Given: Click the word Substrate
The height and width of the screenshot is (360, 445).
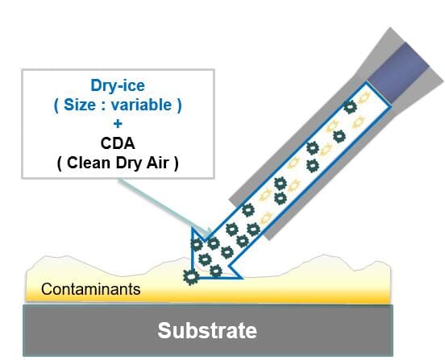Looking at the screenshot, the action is pyautogui.click(x=207, y=330).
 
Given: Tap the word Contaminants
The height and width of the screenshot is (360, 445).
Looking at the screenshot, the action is pyautogui.click(x=91, y=289).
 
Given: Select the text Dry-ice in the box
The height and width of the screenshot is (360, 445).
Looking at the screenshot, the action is pyautogui.click(x=118, y=85).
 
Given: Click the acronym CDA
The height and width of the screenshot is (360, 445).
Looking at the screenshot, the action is pyautogui.click(x=118, y=143).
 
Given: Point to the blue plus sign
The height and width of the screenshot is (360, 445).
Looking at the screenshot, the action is pyautogui.click(x=118, y=123).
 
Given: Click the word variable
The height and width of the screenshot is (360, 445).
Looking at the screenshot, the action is pyautogui.click(x=141, y=105).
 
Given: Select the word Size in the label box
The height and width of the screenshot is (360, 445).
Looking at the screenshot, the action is pyautogui.click(x=80, y=105).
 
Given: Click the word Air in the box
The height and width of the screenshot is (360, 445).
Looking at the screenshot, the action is pyautogui.click(x=158, y=163).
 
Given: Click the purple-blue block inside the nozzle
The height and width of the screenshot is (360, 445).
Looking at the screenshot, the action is pyautogui.click(x=399, y=72).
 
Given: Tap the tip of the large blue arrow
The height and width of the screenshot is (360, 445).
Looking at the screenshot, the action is pyautogui.click(x=192, y=279).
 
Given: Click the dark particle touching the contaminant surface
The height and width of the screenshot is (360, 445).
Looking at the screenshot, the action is pyautogui.click(x=191, y=277).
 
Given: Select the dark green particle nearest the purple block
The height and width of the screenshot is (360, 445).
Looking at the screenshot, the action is pyautogui.click(x=350, y=107).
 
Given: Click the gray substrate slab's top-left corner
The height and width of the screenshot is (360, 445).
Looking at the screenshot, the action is pyautogui.click(x=23, y=305).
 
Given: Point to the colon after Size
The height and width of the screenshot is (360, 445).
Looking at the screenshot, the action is pyautogui.click(x=103, y=106).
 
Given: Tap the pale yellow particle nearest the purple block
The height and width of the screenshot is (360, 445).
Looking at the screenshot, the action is pyautogui.click(x=364, y=97).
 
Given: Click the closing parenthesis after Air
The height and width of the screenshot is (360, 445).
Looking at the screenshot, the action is pyautogui.click(x=177, y=163).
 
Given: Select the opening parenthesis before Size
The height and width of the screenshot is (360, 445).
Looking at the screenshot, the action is pyautogui.click(x=56, y=106).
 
